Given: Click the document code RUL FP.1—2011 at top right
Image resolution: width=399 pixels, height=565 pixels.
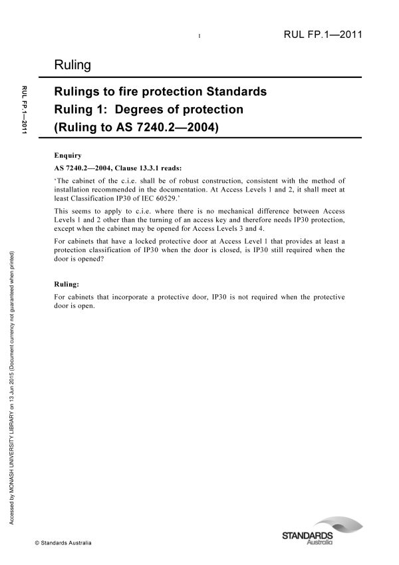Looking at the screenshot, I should [323, 35].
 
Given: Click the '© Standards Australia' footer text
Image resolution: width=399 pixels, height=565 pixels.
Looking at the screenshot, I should [64, 543].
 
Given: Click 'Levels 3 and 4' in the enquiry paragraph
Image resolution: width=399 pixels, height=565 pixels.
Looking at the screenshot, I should [263, 227].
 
